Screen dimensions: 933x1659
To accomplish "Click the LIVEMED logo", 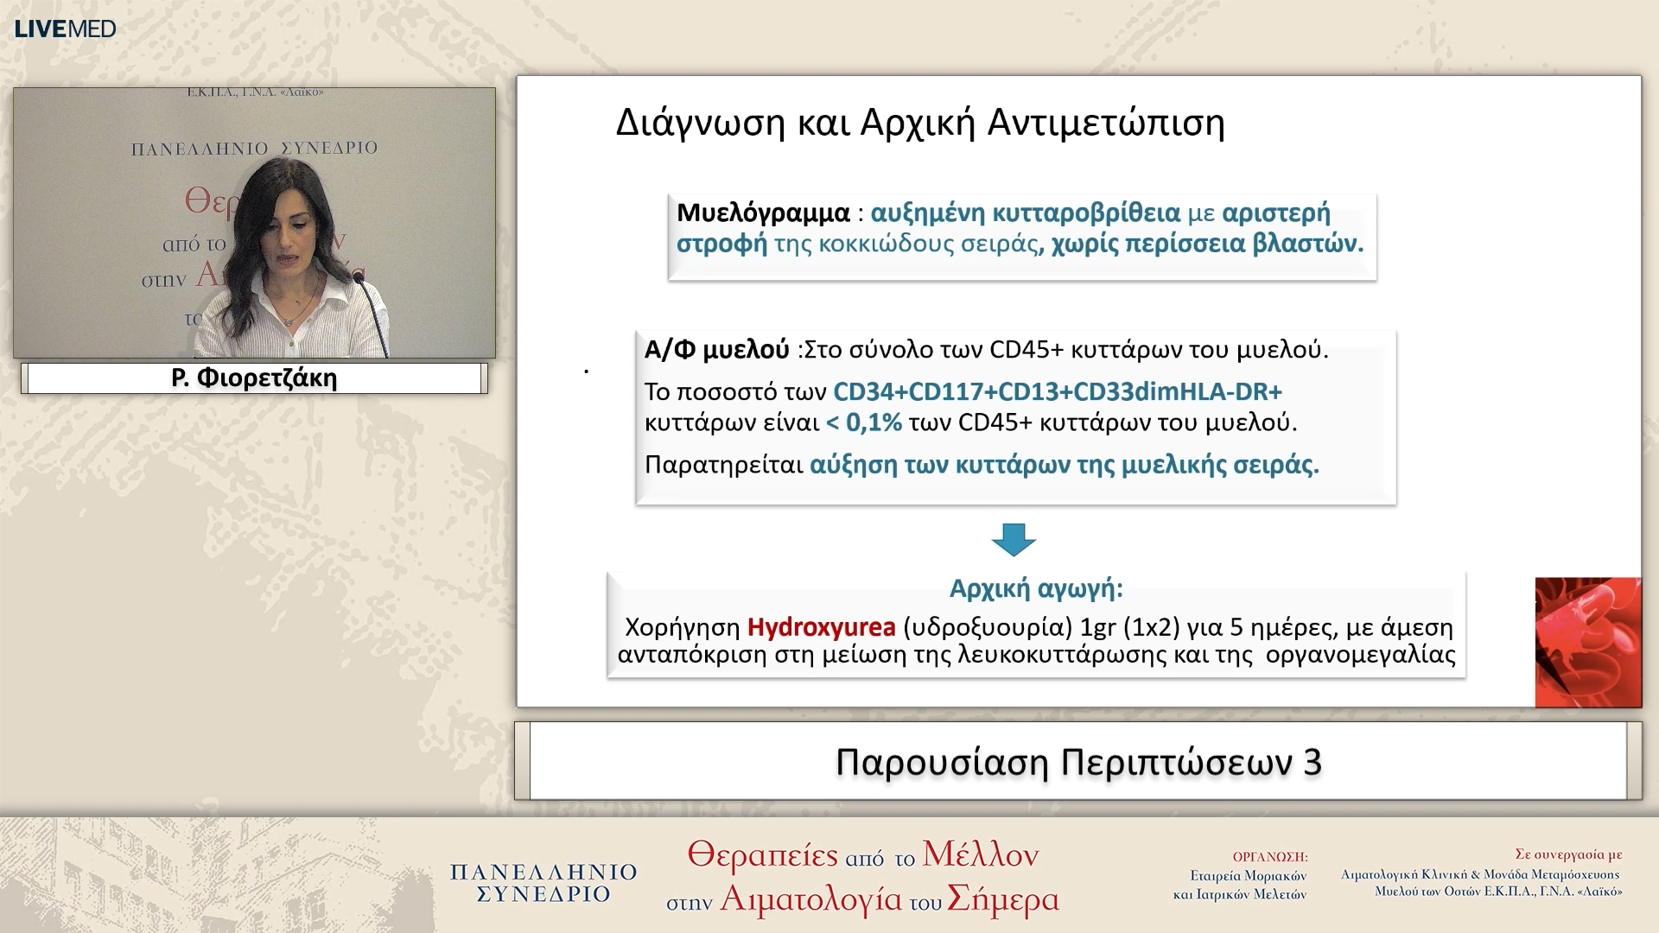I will (65, 29).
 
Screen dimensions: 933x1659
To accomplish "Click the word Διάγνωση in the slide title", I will (700, 123).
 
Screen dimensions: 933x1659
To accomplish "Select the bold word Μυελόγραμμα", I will (763, 213).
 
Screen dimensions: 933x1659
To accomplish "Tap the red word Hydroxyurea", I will (821, 626).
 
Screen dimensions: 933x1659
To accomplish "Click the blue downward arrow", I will (1014, 539).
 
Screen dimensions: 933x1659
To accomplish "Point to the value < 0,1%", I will (864, 422).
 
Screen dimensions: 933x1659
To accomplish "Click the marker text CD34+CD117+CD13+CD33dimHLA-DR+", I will (1057, 391).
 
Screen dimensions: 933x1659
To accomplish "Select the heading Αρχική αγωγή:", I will (1036, 588).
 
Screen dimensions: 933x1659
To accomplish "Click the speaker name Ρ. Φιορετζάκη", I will (254, 378).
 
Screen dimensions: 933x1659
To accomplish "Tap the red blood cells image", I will (1587, 642).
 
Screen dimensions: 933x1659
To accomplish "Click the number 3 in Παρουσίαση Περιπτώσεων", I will (1312, 762).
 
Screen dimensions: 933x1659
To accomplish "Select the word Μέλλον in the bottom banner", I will (980, 854).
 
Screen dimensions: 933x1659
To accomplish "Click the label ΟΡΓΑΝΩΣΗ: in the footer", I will (1269, 857).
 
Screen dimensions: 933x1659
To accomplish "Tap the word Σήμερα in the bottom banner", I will (1002, 899).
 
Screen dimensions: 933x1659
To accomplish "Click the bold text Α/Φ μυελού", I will (716, 350).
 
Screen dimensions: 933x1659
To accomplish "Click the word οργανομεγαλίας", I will (1360, 655).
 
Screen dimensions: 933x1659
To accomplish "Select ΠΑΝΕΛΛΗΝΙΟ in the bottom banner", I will (543, 872).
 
